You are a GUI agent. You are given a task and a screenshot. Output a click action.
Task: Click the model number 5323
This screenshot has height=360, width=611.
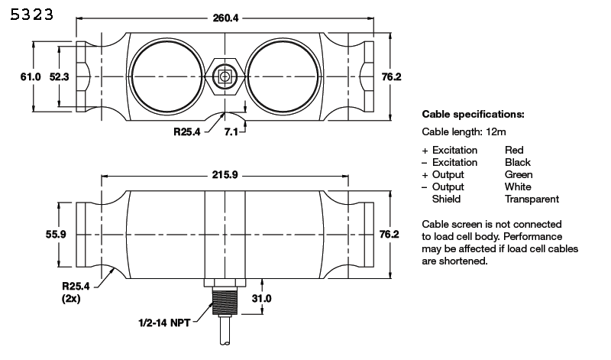click(31, 15)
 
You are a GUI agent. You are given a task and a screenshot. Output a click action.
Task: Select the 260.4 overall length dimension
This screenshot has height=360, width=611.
click(225, 18)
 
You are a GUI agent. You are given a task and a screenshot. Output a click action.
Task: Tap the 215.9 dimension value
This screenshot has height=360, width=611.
click(225, 175)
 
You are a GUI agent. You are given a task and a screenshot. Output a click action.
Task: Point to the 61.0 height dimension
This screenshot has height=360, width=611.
click(31, 77)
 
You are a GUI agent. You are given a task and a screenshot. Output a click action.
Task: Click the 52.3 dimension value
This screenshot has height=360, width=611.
click(60, 77)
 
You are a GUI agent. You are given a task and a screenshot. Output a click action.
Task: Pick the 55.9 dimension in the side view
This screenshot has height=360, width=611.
click(56, 235)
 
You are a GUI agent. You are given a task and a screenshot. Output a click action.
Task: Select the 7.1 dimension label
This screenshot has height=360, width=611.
click(231, 132)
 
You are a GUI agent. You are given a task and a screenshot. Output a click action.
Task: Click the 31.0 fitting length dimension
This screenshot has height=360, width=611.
click(261, 298)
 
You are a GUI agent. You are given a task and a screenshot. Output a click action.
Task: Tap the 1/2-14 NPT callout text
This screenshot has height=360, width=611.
click(164, 323)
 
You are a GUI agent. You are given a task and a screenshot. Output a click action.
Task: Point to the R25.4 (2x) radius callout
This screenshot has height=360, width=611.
click(76, 293)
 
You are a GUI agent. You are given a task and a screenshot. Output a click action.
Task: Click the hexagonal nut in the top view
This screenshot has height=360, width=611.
click(225, 77)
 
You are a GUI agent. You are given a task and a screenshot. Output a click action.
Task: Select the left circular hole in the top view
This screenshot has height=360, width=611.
click(166, 77)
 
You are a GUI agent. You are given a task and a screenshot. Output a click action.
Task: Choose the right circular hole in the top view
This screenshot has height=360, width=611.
click(283, 77)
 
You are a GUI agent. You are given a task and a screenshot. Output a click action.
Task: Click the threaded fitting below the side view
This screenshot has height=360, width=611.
click(225, 301)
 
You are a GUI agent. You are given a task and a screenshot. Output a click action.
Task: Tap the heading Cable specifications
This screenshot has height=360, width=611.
click(473, 115)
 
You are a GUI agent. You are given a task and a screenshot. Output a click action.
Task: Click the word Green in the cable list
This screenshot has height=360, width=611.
click(519, 175)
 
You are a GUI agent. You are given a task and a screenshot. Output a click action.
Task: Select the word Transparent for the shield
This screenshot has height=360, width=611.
click(532, 199)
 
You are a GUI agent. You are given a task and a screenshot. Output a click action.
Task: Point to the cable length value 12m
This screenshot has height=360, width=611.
click(496, 132)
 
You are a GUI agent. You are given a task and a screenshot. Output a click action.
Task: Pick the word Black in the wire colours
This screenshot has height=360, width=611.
click(518, 163)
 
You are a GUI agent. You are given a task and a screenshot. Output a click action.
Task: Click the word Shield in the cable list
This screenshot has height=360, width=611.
click(446, 199)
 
